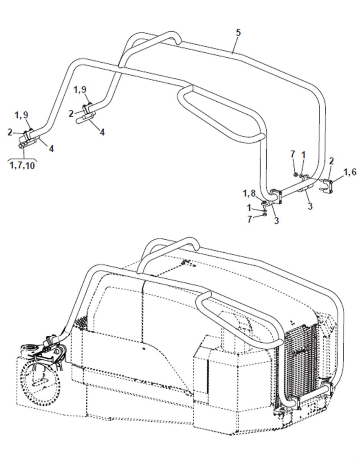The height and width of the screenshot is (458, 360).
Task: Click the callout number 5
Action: [238, 33]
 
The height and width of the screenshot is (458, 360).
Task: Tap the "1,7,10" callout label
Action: [22, 166]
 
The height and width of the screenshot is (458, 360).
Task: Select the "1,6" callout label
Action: [350, 172]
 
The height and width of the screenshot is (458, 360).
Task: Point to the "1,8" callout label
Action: [249, 193]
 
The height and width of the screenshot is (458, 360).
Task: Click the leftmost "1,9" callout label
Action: [22, 115]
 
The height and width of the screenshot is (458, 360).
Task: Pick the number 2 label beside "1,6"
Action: [331, 161]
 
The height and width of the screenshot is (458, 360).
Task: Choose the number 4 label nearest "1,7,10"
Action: [51, 149]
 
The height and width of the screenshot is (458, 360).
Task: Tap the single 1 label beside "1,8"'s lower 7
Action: [249, 208]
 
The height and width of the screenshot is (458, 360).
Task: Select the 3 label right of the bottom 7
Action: [276, 220]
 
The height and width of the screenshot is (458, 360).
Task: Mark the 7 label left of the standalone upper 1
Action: [293, 154]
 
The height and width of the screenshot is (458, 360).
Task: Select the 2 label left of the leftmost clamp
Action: [10, 132]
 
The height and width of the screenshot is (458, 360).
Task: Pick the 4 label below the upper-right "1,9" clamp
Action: [102, 132]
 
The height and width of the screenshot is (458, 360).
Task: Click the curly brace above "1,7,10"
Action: [22, 159]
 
